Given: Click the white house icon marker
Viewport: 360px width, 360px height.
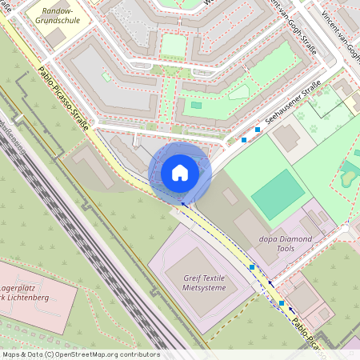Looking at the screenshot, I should [180, 173].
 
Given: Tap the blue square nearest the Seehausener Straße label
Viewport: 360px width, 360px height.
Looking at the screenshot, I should [258, 129].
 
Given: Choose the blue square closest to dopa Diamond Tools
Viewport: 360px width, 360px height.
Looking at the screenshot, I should [252, 267].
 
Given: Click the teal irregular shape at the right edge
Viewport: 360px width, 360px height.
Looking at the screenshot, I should [350, 173].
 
